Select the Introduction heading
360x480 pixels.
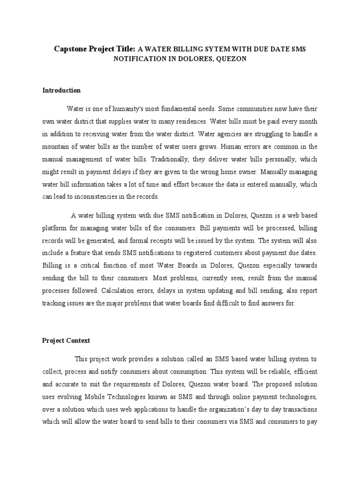[x=61, y=90]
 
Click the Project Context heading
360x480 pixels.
[x=66, y=340]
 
